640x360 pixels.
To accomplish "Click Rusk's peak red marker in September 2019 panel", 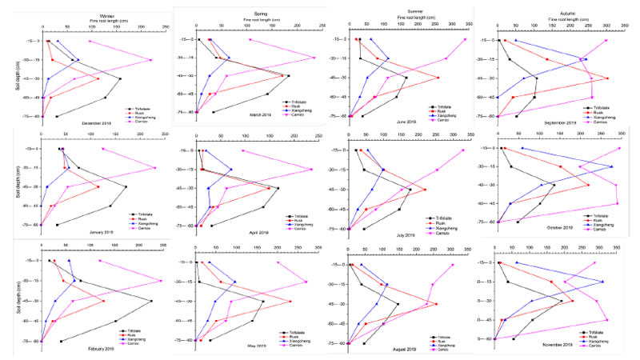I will [x=607, y=78].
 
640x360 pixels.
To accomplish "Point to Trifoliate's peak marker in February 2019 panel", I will [x=150, y=301].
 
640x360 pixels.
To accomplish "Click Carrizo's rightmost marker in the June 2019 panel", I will [x=465, y=39].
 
